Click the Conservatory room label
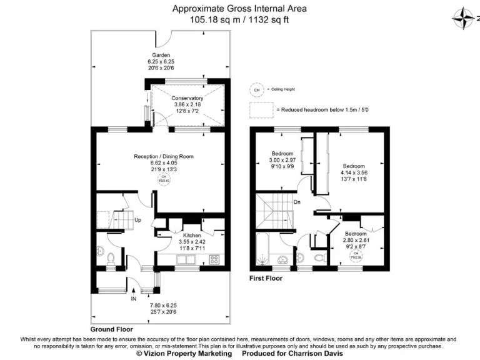point(187,98)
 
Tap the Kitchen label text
point(187,235)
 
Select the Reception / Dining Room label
point(164,156)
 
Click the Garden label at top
point(161,55)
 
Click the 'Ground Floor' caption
point(111,329)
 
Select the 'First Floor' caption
point(266,279)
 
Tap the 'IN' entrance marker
point(133,299)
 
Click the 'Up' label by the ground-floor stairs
point(138,220)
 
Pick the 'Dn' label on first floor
point(297,202)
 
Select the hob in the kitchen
point(213,259)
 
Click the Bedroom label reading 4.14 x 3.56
point(354,166)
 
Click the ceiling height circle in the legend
point(256,90)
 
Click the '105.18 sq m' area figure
point(212,20)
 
